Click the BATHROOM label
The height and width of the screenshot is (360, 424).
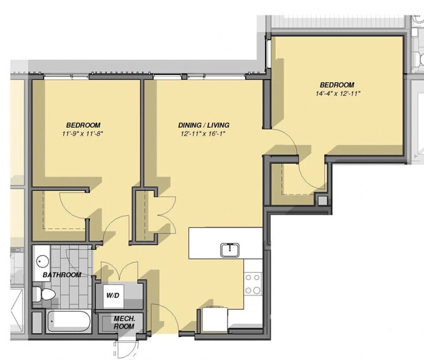click(x=62, y=275)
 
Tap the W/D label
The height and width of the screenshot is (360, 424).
click(x=113, y=296)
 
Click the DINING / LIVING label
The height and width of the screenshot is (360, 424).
click(x=204, y=125)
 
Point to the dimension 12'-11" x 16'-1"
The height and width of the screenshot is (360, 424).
click(x=204, y=134)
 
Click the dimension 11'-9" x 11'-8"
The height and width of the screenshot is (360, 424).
click(x=83, y=134)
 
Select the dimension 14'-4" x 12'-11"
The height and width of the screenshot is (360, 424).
click(x=337, y=94)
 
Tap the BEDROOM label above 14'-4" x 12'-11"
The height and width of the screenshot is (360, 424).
click(x=337, y=85)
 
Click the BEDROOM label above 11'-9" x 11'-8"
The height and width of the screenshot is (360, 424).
click(x=83, y=125)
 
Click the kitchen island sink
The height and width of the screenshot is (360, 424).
click(x=228, y=249)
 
